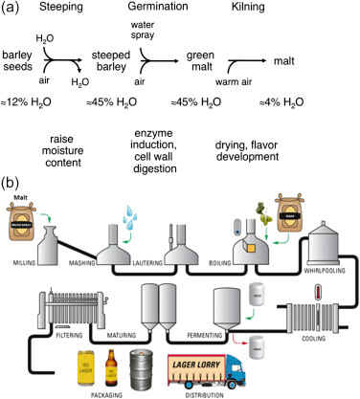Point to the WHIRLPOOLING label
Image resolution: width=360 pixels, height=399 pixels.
323,247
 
